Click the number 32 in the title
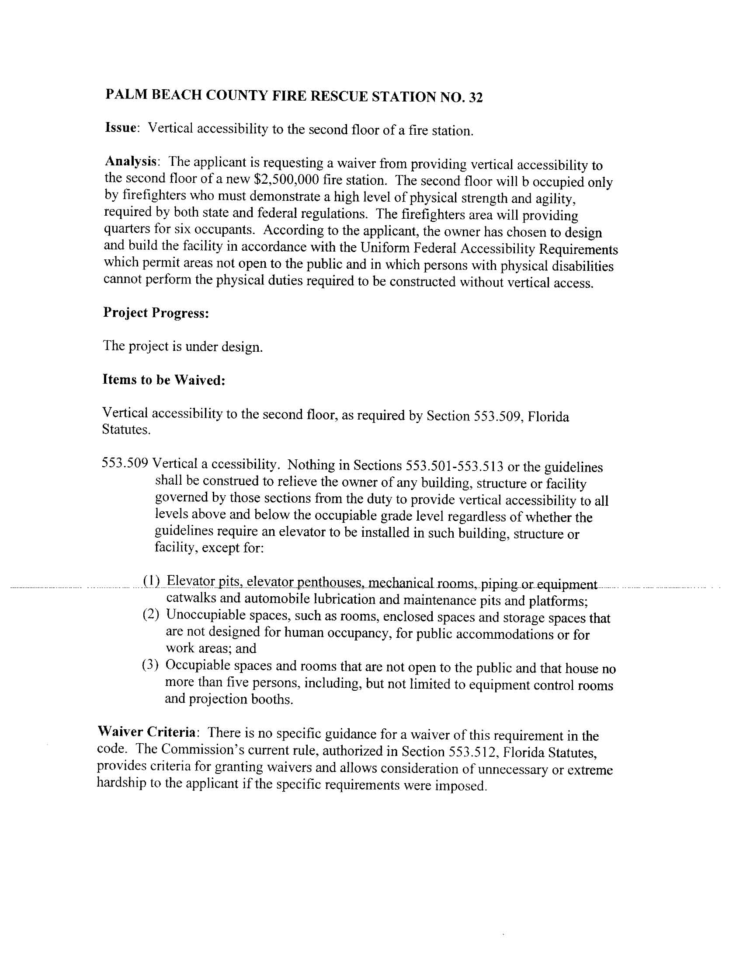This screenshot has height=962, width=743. coord(476,98)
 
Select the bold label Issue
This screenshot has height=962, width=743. coord(122,128)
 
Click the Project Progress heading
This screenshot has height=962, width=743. coord(156,313)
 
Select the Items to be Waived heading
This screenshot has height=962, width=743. coord(164,380)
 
